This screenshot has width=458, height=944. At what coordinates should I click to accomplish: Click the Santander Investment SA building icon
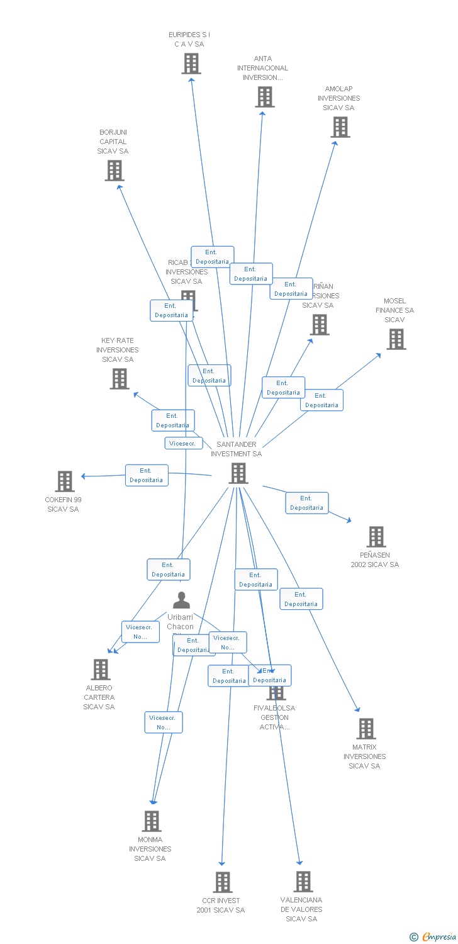click(238, 473)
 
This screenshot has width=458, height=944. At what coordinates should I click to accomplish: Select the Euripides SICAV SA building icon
click(191, 64)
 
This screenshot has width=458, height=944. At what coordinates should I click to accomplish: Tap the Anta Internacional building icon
click(265, 97)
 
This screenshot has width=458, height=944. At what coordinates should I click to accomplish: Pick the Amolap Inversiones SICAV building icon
click(340, 127)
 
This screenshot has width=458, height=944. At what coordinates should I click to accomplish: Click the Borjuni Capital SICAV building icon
click(114, 171)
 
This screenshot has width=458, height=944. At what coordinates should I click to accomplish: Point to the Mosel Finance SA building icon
click(396, 339)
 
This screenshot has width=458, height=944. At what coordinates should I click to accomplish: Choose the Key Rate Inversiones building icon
click(120, 379)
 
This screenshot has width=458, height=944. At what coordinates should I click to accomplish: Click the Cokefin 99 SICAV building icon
click(64, 481)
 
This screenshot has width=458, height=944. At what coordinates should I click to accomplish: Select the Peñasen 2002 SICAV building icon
click(376, 537)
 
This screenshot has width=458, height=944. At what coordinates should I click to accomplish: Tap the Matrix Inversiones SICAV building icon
click(366, 729)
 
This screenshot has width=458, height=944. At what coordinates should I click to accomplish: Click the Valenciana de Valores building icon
click(303, 882)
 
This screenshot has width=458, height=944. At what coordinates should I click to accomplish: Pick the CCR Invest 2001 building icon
click(222, 882)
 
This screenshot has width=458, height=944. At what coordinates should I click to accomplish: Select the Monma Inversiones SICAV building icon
click(151, 821)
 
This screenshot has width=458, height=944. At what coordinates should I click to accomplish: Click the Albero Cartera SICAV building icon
click(101, 670)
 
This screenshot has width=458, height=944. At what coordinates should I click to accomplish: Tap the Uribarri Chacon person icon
click(181, 600)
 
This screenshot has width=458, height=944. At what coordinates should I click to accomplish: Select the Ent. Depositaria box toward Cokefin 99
click(147, 475)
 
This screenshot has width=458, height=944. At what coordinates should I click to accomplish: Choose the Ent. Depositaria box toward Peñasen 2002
click(307, 503)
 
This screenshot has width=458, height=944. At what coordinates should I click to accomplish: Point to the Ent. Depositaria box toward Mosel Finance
click(321, 400)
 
